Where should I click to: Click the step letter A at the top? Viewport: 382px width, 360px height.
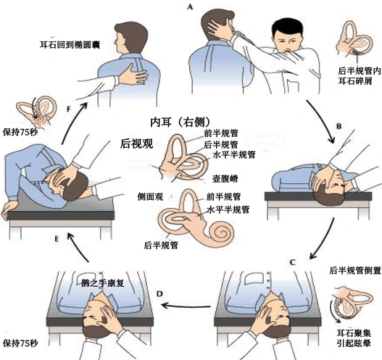point(190,7)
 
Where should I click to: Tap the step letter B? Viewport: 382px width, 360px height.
point(339,126)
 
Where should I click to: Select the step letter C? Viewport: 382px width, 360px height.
point(293,262)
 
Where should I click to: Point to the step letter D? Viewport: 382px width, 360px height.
point(159,294)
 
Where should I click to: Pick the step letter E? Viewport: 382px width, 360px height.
point(57,239)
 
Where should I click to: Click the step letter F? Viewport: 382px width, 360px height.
point(69,109)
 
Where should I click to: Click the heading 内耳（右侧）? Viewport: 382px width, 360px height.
point(180,122)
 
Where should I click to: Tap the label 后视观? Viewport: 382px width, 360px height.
point(136,143)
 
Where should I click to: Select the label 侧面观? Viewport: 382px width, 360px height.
point(150,197)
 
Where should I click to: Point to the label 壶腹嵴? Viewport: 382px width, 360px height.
point(225,179)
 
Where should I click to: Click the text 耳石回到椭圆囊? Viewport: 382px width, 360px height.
point(70,45)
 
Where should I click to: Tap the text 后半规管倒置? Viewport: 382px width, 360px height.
point(355,270)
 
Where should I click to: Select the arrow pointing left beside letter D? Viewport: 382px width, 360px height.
point(186,306)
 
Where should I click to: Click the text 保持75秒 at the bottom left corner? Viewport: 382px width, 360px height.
point(20,343)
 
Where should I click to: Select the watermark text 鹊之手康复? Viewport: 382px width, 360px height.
point(104,282)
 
